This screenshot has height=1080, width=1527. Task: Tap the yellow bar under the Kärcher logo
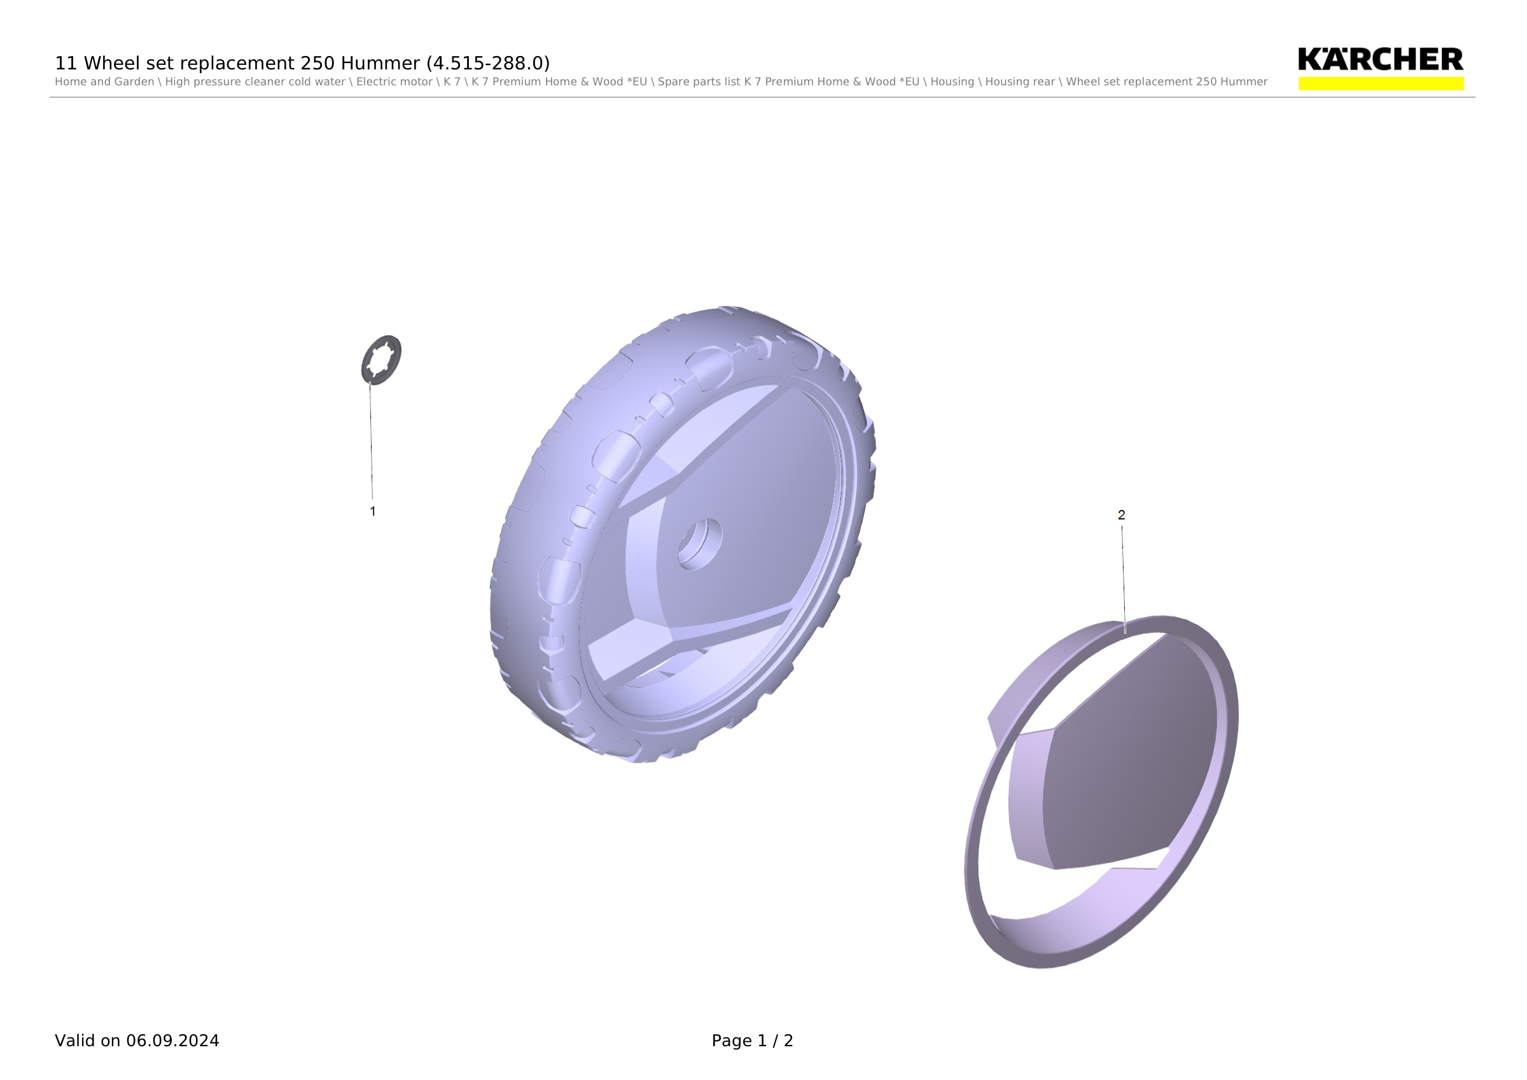point(1381,83)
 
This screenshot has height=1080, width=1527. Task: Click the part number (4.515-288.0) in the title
point(488,63)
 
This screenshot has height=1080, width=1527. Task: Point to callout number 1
point(372,511)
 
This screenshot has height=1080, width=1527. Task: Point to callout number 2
point(1121,515)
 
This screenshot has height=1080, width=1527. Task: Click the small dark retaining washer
point(382,360)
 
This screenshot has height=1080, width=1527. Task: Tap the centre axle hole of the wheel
point(700,544)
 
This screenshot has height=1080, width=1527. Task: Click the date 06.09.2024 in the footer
point(173,1041)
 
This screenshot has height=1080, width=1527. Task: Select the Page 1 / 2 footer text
point(752,1041)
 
